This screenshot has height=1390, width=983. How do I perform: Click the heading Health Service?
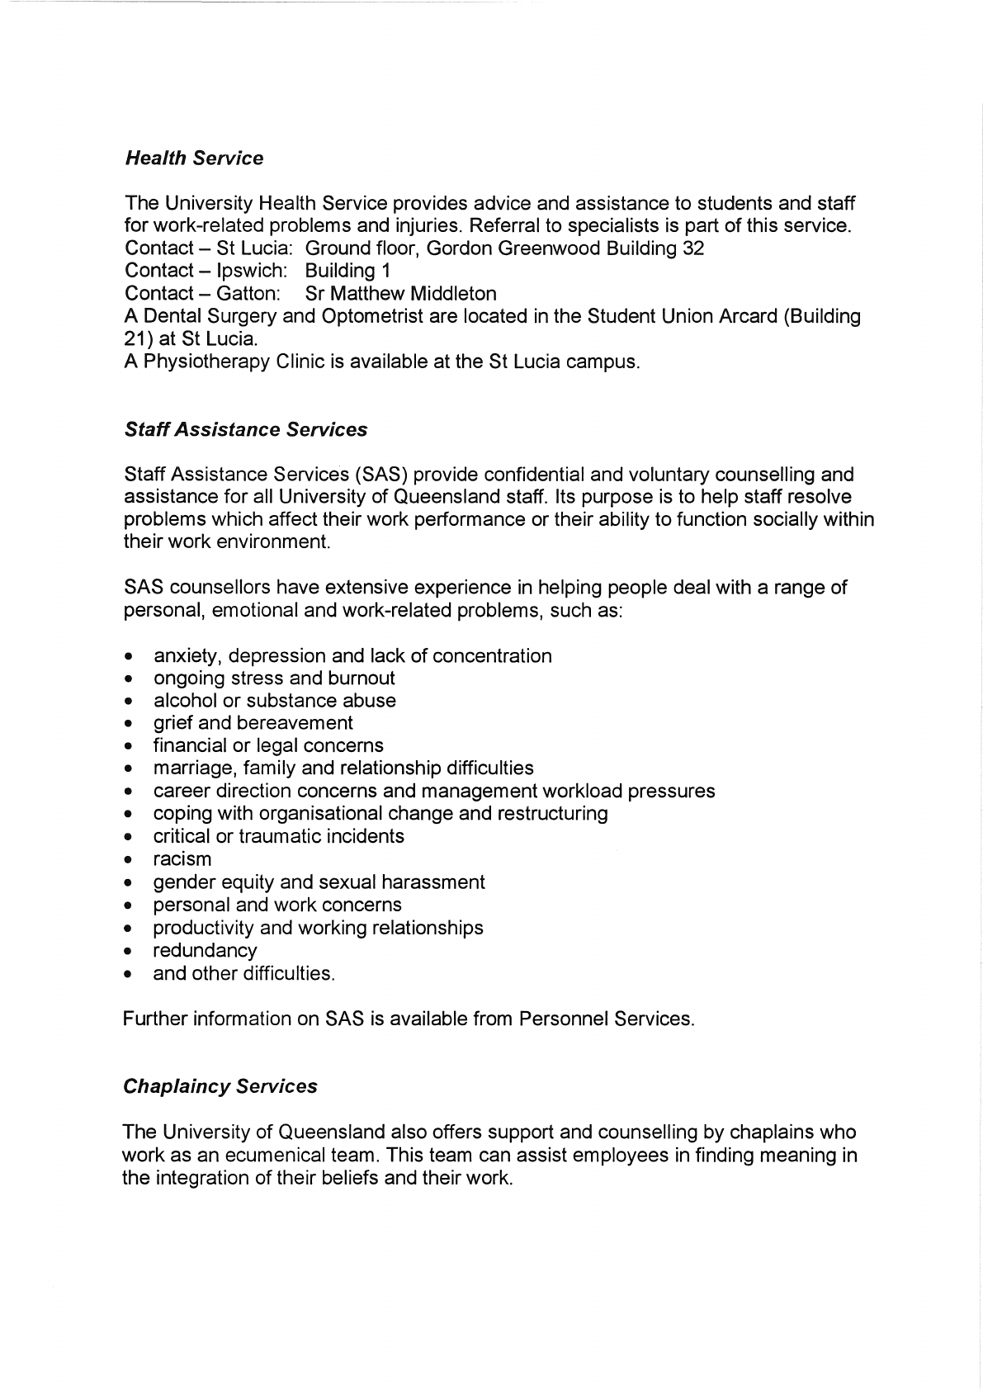194,158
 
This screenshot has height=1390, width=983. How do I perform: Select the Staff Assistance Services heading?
245,430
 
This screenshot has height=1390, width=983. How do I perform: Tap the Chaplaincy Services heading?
220,1086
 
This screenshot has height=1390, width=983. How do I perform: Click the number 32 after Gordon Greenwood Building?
693,248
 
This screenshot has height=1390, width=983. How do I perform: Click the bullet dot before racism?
129,861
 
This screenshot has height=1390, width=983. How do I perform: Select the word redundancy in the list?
205,951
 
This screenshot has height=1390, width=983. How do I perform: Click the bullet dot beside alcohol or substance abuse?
129,702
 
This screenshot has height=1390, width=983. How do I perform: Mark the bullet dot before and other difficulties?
129,975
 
